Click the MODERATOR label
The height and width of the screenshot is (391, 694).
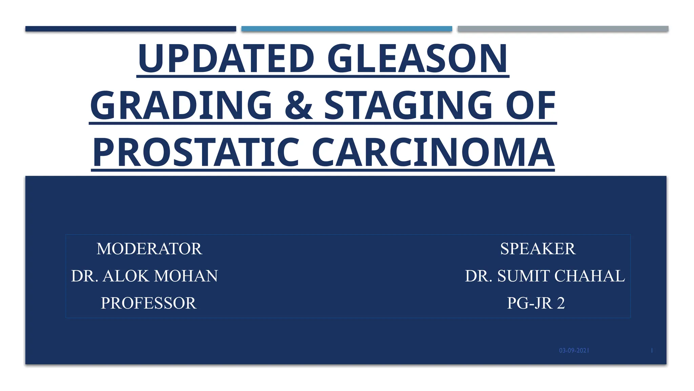point(149,249)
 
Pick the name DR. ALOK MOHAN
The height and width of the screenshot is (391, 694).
point(144,276)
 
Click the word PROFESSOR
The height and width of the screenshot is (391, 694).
point(148,303)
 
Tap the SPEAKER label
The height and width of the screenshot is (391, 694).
point(538,249)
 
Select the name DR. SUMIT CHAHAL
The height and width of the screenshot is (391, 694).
point(545,276)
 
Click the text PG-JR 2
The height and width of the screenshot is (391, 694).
point(536,303)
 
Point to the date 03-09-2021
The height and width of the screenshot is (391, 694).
point(574,351)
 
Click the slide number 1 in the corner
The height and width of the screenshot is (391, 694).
point(652,351)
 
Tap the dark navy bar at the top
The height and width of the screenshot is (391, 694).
point(130,29)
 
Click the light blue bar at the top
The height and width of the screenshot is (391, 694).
point(347,29)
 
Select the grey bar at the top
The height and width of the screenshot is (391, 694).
point(563,29)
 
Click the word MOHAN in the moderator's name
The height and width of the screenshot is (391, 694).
point(186,276)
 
